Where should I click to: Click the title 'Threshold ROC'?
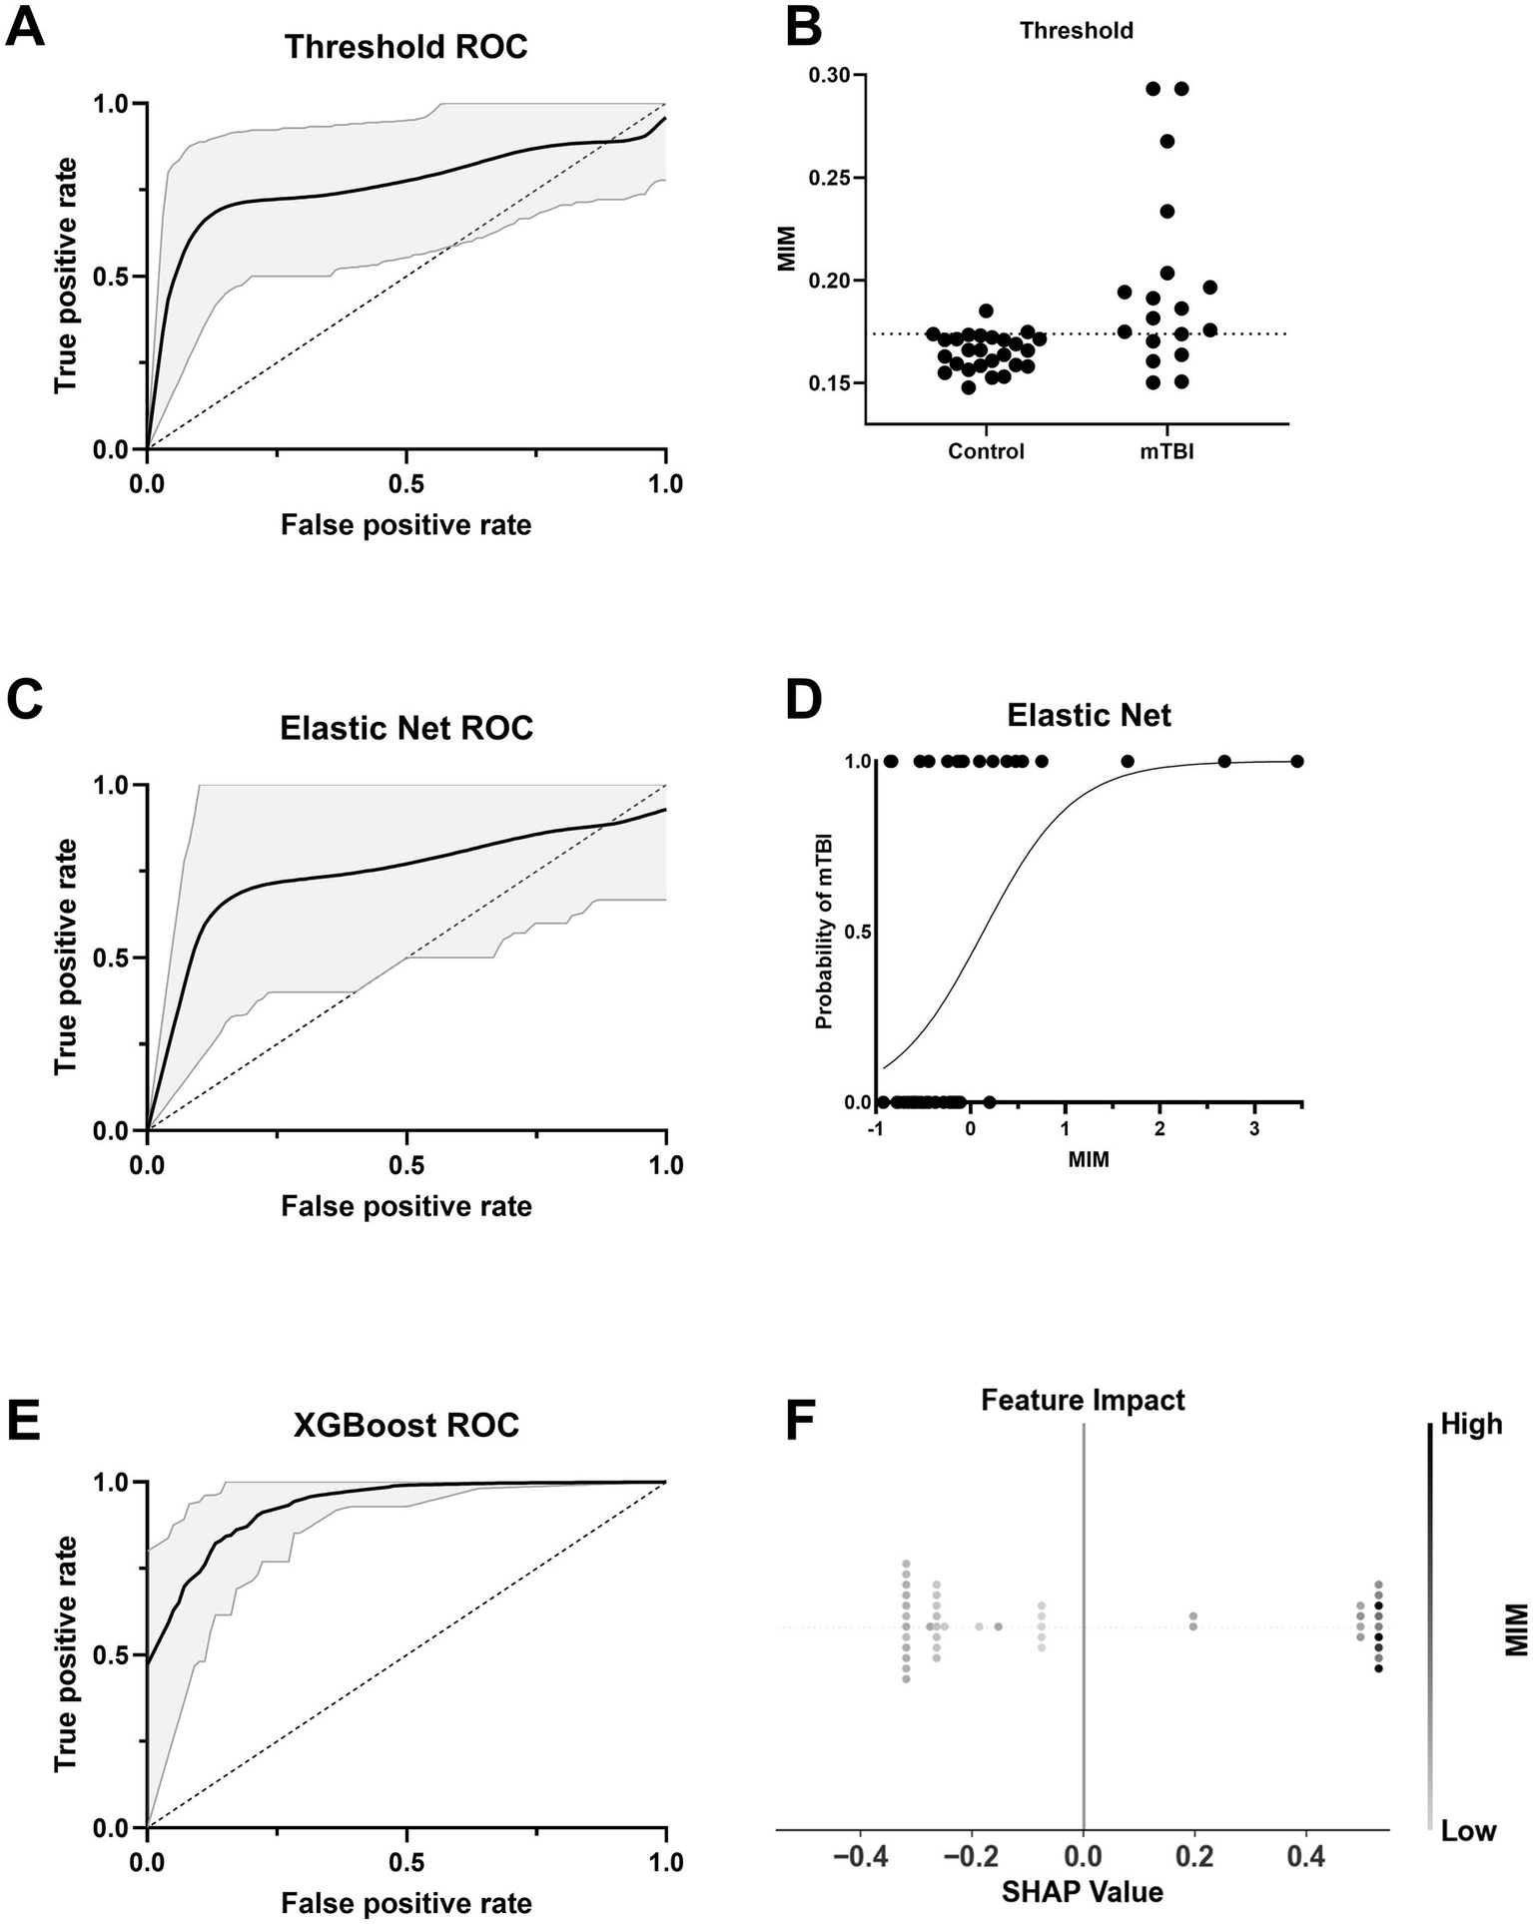pos(405,47)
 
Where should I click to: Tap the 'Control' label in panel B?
pos(986,451)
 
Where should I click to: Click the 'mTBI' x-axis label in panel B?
pos(1167,451)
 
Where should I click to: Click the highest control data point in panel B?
pos(986,311)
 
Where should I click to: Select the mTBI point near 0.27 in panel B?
pos(1166,141)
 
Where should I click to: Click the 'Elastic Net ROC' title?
pos(405,728)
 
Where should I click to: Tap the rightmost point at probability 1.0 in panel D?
pos(1297,762)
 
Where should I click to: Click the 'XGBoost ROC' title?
pos(405,1425)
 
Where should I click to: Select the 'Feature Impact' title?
pos(1083,1400)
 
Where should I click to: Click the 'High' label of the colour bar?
pos(1470,1424)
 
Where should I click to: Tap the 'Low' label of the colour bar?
pos(1467,1830)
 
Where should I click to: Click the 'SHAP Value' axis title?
pos(1083,1891)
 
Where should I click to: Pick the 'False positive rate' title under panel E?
pos(405,1902)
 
